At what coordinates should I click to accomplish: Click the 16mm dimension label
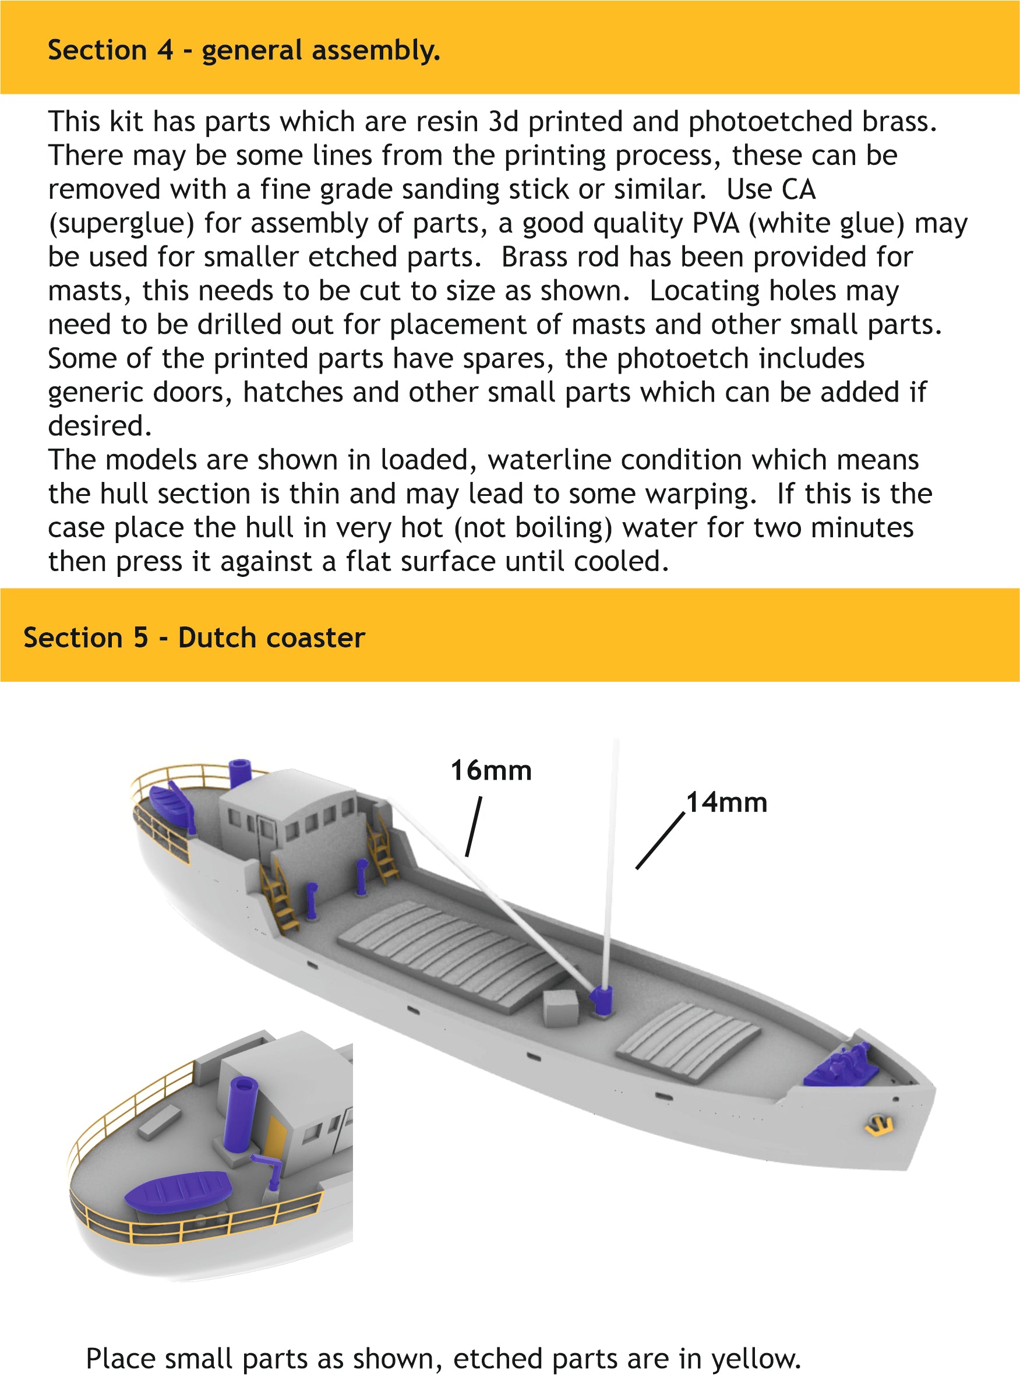[x=491, y=770]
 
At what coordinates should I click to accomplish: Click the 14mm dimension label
[x=727, y=803]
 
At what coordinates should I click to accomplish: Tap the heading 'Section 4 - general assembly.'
[x=244, y=50]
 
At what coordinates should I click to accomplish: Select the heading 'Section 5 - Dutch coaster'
[x=194, y=638]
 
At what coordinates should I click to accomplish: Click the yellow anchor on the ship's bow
[x=878, y=1125]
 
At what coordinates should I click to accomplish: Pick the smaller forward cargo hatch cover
[x=689, y=1043]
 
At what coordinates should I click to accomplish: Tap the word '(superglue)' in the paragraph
[x=121, y=224]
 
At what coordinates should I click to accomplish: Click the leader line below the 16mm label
[x=474, y=826]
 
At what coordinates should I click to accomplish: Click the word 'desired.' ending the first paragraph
[x=100, y=426]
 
